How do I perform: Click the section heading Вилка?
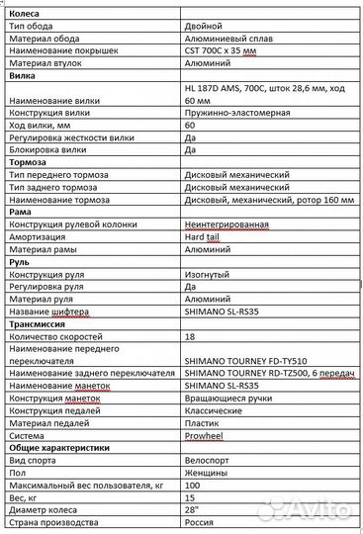pyautogui.click(x=21, y=75)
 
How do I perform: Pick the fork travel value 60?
pyautogui.click(x=190, y=126)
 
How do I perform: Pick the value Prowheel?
pyautogui.click(x=205, y=435)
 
